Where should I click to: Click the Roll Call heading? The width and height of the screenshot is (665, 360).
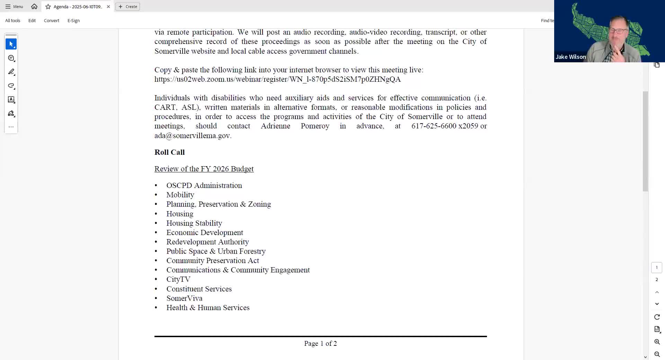(169, 152)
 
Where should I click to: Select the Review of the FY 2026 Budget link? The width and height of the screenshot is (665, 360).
(204, 169)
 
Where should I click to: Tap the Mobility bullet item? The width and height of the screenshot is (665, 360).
(180, 195)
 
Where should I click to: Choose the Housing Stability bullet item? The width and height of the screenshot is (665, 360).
(194, 223)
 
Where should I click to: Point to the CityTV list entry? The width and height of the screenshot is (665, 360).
(178, 279)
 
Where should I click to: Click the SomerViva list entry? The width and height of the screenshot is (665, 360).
(184, 298)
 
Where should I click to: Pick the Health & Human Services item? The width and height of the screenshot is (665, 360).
(208, 308)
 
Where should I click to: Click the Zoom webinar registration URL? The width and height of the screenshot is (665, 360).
(277, 79)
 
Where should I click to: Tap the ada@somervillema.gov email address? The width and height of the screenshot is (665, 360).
(192, 136)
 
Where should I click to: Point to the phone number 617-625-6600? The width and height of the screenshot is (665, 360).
(434, 126)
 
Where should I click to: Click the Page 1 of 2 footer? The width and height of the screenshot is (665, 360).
(320, 343)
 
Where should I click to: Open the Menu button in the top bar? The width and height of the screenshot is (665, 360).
(14, 7)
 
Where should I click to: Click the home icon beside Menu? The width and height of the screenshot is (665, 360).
(34, 7)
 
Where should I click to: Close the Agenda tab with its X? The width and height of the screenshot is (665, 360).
(108, 7)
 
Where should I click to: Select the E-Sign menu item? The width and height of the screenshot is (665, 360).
(73, 21)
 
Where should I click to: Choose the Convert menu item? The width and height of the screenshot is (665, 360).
(51, 21)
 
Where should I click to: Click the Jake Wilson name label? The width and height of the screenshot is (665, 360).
(570, 57)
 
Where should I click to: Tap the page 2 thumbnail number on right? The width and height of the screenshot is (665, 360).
(657, 280)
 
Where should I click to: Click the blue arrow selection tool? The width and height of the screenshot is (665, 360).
(11, 44)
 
